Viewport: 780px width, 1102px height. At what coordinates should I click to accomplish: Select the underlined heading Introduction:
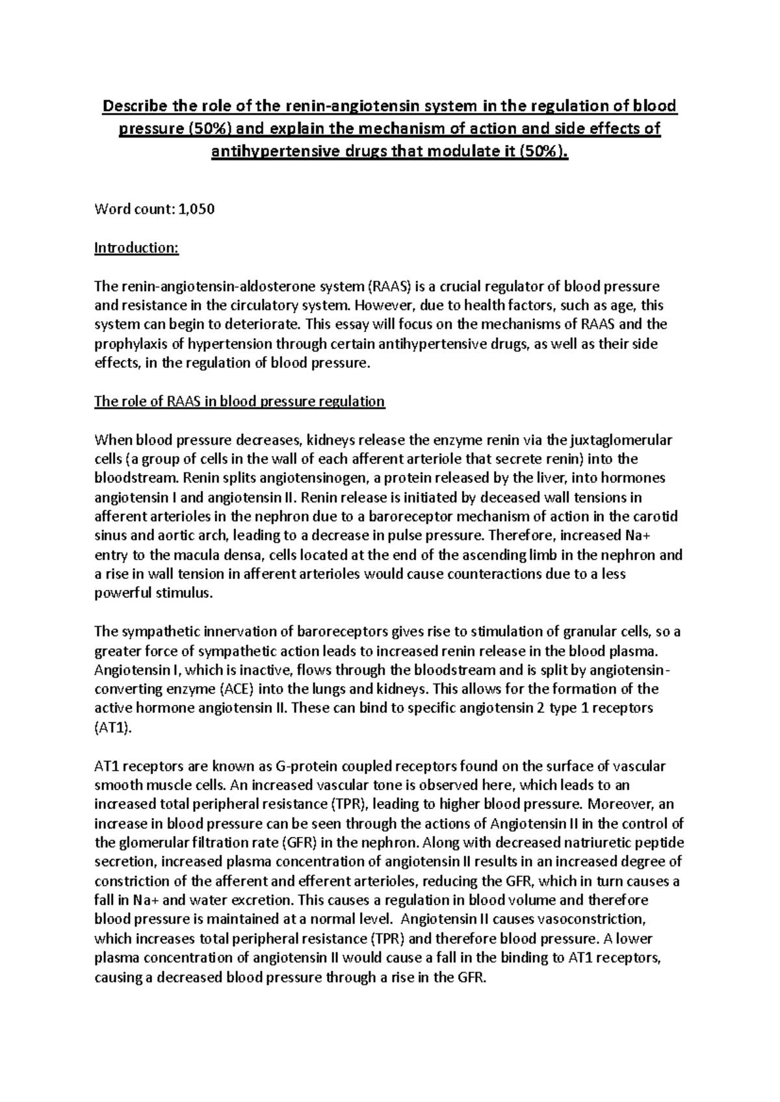point(136,248)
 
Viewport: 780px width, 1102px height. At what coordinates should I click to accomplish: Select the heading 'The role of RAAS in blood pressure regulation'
point(239,402)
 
